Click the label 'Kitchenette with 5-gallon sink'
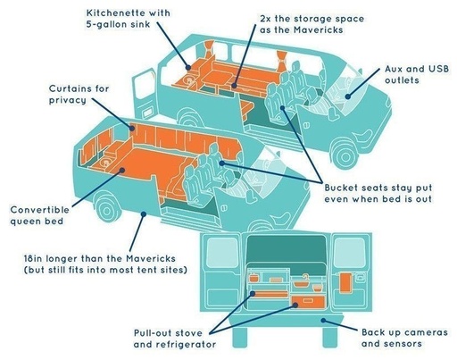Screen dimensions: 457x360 pyautogui.click(x=129, y=19)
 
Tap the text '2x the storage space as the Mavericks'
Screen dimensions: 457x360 pyautogui.click(x=312, y=24)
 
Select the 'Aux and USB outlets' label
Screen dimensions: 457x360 pyautogui.click(x=417, y=74)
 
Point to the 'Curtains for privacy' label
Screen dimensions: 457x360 pyautogui.click(x=79, y=94)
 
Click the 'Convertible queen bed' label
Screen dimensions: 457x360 pyautogui.click(x=39, y=215)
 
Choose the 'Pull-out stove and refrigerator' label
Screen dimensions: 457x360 pyautogui.click(x=175, y=339)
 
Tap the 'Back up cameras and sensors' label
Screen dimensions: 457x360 pyautogui.click(x=404, y=338)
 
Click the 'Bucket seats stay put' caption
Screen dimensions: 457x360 pyautogui.click(x=378, y=188)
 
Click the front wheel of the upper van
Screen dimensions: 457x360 pyautogui.click(x=345, y=155)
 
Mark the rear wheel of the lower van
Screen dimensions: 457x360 pyautogui.click(x=107, y=209)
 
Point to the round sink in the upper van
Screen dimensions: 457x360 pyautogui.click(x=189, y=80)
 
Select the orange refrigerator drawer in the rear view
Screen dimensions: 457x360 pyautogui.click(x=308, y=302)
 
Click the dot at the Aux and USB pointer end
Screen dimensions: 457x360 pyautogui.click(x=348, y=96)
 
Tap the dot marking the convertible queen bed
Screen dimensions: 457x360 pyautogui.click(x=122, y=170)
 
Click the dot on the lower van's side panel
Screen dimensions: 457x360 pyautogui.click(x=144, y=213)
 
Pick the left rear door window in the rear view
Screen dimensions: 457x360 pyautogui.click(x=222, y=253)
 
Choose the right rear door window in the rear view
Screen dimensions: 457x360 pyautogui.click(x=349, y=253)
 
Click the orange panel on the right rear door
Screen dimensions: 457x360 pyautogui.click(x=346, y=282)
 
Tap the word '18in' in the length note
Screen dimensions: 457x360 pyautogui.click(x=33, y=258)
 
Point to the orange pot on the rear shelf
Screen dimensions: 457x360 pyautogui.click(x=253, y=278)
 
